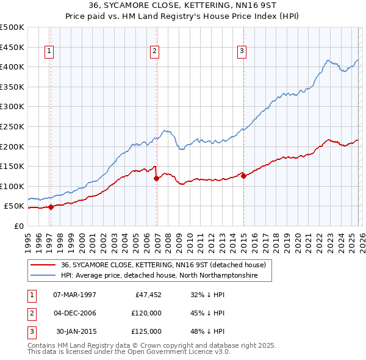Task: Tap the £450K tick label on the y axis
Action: (x=12, y=47)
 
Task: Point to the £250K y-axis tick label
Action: (x=12, y=126)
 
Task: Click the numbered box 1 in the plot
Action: (x=49, y=51)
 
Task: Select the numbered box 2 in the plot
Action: (x=155, y=51)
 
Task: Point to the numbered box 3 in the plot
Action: (x=242, y=51)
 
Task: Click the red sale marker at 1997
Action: (x=51, y=207)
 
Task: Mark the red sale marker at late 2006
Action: (x=157, y=178)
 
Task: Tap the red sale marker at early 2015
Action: (x=244, y=176)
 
